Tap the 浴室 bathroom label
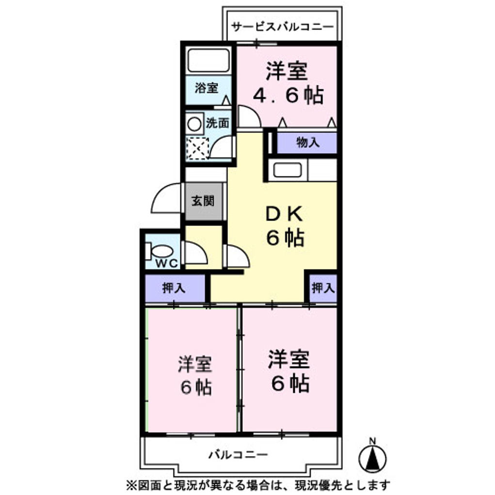(x=207, y=88)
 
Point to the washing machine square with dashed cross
(x=197, y=148)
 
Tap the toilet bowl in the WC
(x=161, y=252)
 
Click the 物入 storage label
(x=307, y=143)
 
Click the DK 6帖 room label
(x=285, y=225)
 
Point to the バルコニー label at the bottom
(x=238, y=455)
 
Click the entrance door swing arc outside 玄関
(x=166, y=199)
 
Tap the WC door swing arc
(x=195, y=254)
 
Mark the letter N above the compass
(x=373, y=441)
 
